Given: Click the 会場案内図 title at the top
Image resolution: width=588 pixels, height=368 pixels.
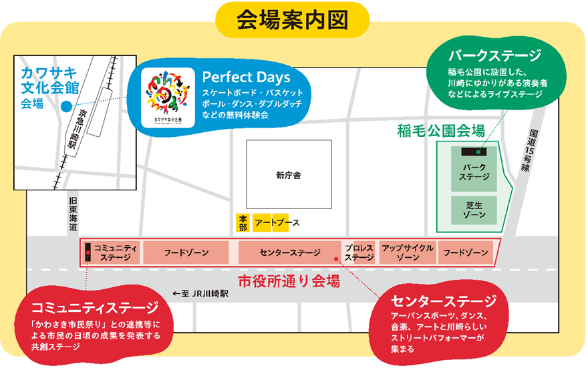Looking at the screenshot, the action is (x=293, y=20).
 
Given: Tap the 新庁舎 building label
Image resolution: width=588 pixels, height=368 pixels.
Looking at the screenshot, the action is (x=289, y=175).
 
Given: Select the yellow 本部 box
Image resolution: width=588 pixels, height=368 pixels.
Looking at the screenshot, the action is (x=243, y=222).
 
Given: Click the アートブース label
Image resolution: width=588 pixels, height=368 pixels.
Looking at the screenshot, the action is (x=277, y=222).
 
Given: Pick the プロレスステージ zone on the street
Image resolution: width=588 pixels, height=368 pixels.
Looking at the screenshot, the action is (x=359, y=252).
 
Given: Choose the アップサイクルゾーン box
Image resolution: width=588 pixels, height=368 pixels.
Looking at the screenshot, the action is (x=408, y=252).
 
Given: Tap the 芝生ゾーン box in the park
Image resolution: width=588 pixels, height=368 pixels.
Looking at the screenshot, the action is (x=474, y=210).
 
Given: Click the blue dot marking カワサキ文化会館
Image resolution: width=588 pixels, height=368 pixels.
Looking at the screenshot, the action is (x=66, y=107).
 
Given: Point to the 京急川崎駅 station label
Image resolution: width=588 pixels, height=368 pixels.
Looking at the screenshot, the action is (x=78, y=128).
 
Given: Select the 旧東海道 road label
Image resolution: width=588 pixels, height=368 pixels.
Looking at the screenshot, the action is (x=73, y=214).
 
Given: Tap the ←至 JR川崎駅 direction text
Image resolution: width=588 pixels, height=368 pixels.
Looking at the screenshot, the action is (x=200, y=294).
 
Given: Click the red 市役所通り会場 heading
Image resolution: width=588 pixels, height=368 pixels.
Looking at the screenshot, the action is (x=289, y=281).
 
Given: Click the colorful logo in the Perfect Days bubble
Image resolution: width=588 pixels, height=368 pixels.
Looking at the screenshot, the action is (x=168, y=98).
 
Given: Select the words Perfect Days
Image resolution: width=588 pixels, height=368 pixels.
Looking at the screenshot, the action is (x=246, y=77).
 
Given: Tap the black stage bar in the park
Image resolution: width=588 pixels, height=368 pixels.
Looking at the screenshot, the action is (x=474, y=152).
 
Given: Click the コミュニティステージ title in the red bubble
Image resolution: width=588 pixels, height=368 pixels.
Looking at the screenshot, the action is (x=96, y=308).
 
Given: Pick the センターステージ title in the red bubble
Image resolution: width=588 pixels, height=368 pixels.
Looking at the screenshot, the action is (x=444, y=301).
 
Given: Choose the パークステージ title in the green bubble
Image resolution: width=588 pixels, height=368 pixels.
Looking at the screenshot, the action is (x=495, y=55).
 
